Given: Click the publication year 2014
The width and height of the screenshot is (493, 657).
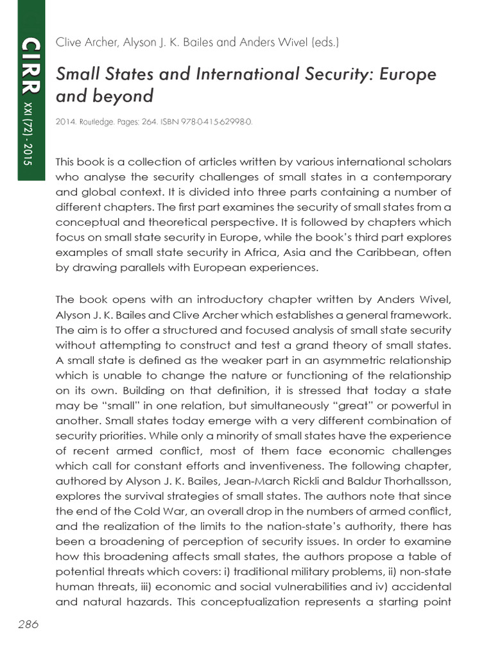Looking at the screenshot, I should coord(66,123).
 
